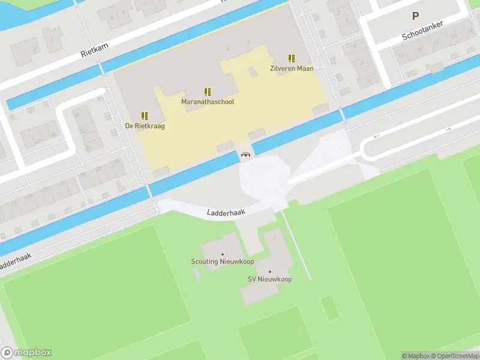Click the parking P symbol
coord(414,16)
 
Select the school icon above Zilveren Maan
coord(292,58)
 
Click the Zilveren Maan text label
coord(292,68)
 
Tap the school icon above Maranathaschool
coord(208,92)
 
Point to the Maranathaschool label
coord(208,102)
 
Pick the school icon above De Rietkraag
coord(145,115)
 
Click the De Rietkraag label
coord(145,126)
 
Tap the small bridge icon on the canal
coord(245,155)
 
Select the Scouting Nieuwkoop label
coord(223,262)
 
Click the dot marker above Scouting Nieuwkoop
coord(223,254)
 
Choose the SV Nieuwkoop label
coord(269,280)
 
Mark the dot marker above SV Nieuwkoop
coord(269,272)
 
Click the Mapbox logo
coord(26,353)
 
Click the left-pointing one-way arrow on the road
coord(376,136)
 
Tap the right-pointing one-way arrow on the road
coord(447,129)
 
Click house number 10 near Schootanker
coord(368,80)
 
